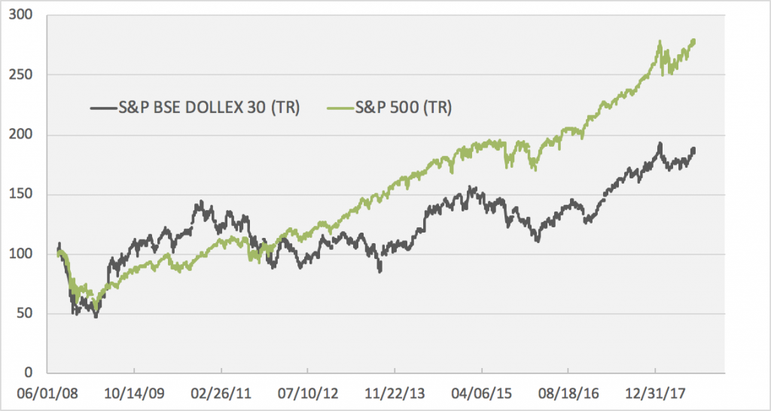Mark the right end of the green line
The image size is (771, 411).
693,41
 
